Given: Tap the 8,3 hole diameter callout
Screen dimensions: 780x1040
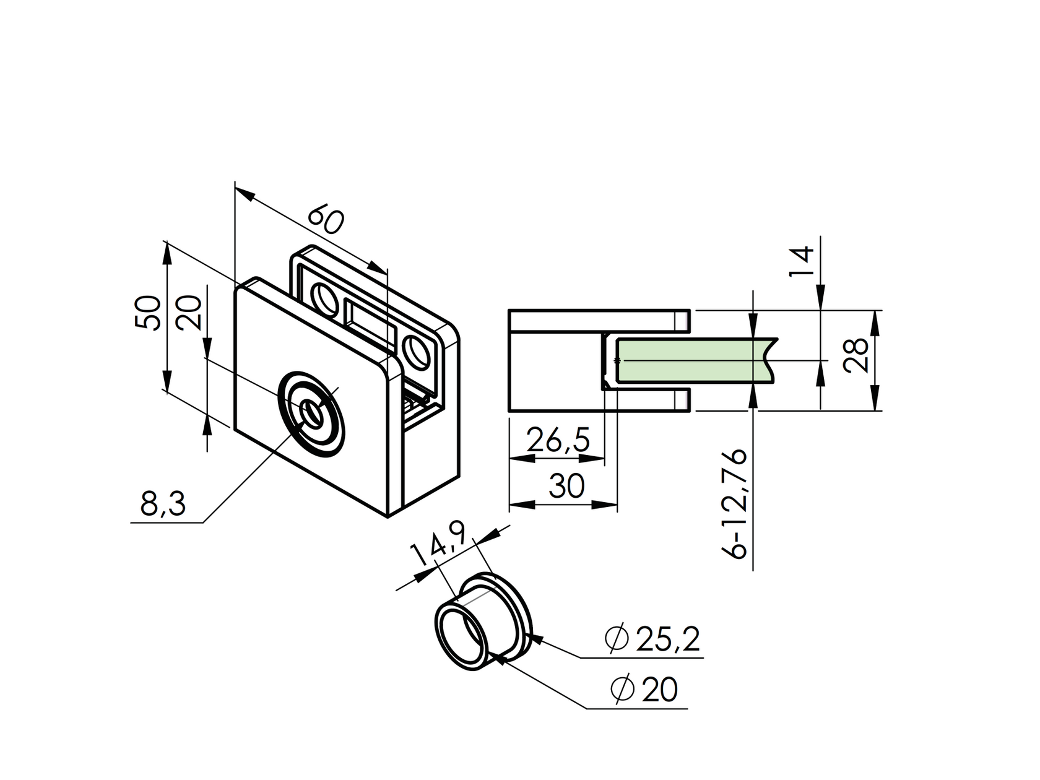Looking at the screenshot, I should point(163,505).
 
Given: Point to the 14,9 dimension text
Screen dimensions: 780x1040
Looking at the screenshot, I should point(441,544).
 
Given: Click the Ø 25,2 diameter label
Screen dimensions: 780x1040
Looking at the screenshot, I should point(653,640).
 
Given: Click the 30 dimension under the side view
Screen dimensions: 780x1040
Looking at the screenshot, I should point(566,487).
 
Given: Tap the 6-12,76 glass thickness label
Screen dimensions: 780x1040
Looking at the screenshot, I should point(737,505).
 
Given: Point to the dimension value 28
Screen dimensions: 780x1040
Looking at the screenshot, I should point(856,356).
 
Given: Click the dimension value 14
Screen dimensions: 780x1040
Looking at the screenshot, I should point(801,261).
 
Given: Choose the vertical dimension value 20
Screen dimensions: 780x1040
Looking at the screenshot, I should point(190,313).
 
